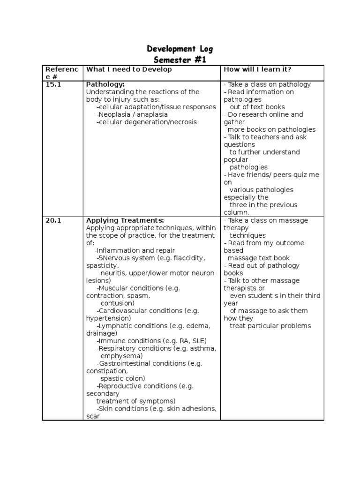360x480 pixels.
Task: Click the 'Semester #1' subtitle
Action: (x=180, y=60)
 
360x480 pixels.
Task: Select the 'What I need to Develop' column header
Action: (x=129, y=69)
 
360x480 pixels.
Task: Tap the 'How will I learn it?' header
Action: (x=257, y=69)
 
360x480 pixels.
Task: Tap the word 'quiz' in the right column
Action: (x=298, y=175)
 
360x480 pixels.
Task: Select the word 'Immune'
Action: (x=109, y=340)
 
